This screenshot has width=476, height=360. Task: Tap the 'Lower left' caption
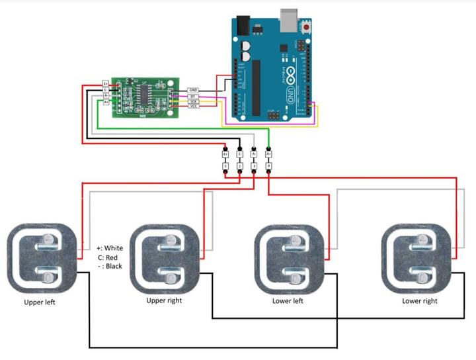pos(288,300)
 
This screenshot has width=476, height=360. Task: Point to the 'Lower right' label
pos(420,300)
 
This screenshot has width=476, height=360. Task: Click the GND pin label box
pos(194,90)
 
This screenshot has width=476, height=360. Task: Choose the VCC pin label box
pos(194,106)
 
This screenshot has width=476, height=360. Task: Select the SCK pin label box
pos(194,101)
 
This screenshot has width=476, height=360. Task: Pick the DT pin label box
pos(194,96)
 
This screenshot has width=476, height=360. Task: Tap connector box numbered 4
pos(268,165)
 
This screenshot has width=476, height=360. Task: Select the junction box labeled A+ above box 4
pos(268,154)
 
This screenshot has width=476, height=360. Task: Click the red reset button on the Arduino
pos(307,28)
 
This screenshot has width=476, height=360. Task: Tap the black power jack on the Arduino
pos(243,26)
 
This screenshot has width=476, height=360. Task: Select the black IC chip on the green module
pos(143,95)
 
